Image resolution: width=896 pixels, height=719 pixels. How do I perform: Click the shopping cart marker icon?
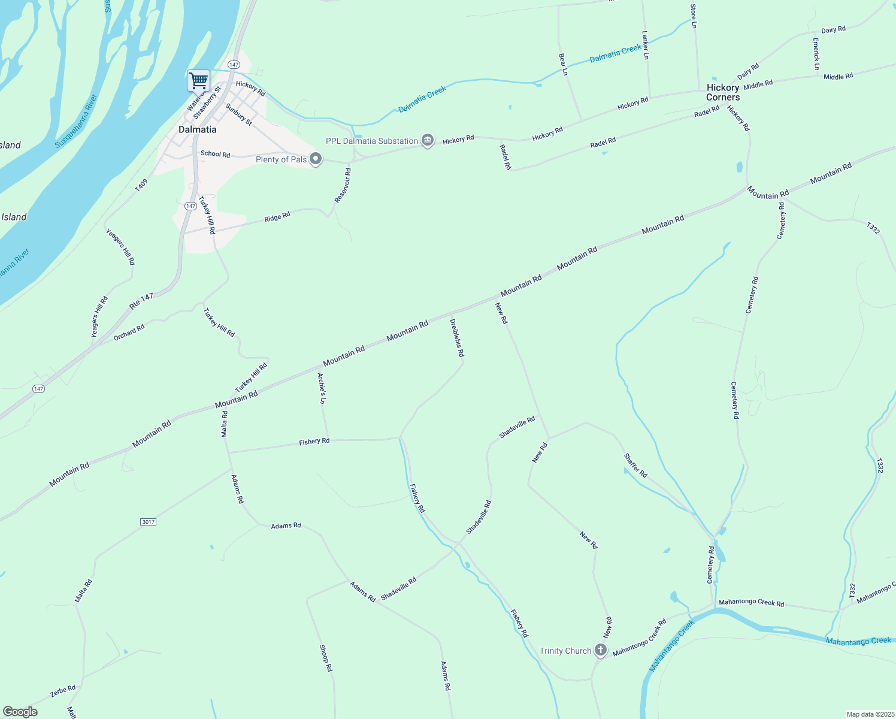pyautogui.click(x=198, y=80)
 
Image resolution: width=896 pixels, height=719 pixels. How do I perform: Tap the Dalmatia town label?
pyautogui.click(x=198, y=129)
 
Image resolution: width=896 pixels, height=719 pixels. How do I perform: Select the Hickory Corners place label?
pyautogui.click(x=723, y=92)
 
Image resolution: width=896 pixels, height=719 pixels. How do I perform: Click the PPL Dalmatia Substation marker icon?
pyautogui.click(x=428, y=141)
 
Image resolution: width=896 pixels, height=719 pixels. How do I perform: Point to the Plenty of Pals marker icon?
pyautogui.click(x=316, y=159)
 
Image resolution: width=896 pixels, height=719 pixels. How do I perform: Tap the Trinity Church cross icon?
pyautogui.click(x=601, y=651)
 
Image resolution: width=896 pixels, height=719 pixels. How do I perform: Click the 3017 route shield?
pyautogui.click(x=149, y=522)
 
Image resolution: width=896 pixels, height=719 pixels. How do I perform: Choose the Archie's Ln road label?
pyautogui.click(x=322, y=388)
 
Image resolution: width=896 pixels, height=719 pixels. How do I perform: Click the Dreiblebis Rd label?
pyautogui.click(x=457, y=338)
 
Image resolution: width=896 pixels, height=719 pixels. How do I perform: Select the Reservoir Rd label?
pyautogui.click(x=343, y=185)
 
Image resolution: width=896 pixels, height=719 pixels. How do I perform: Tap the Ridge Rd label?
pyautogui.click(x=277, y=217)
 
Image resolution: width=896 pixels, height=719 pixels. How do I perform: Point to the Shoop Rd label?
pyautogui.click(x=325, y=658)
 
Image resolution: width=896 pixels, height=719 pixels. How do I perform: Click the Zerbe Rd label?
pyautogui.click(x=63, y=690)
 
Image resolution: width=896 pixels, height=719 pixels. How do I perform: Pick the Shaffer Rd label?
pyautogui.click(x=635, y=466)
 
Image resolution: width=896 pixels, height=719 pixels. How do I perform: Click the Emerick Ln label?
pyautogui.click(x=816, y=55)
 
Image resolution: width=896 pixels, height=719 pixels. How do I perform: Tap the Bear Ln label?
pyautogui.click(x=563, y=64)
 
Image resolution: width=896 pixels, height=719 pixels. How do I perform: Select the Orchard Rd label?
pyautogui.click(x=129, y=332)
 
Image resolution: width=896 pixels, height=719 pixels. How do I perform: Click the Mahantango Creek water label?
pyautogui.click(x=858, y=641)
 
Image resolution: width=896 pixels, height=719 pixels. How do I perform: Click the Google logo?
pyautogui.click(x=21, y=712)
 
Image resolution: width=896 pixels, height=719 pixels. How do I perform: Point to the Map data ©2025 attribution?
pyautogui.click(x=869, y=714)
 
